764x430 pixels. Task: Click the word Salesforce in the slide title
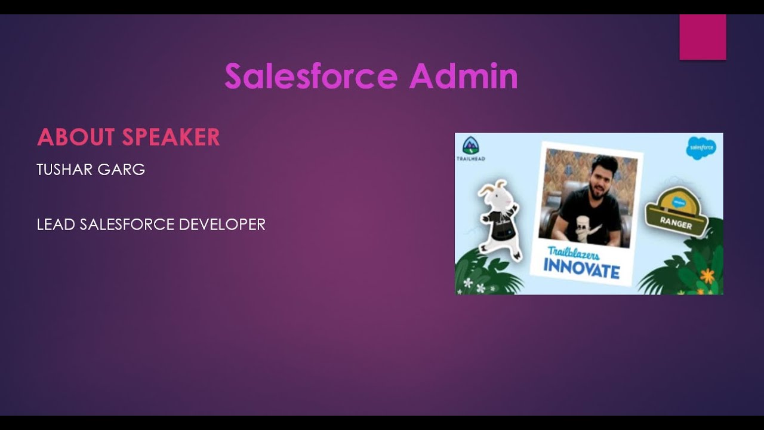[x=311, y=76]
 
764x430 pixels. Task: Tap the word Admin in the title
[x=463, y=76]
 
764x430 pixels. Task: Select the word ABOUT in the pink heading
[x=76, y=137]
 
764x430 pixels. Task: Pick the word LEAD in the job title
[x=56, y=225]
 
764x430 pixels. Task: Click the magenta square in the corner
[x=703, y=37]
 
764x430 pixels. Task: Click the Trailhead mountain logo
[x=470, y=146]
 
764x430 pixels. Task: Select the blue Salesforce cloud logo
[x=701, y=148]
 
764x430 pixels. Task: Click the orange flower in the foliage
[x=707, y=275]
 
